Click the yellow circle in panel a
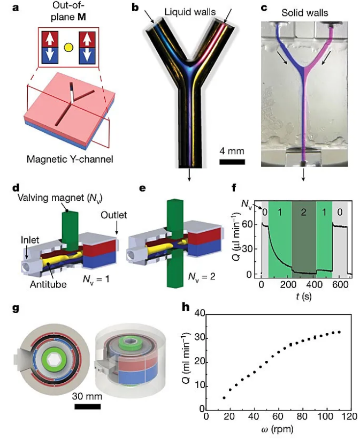pyautogui.click(x=68, y=47)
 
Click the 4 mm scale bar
pyautogui.click(x=232, y=161)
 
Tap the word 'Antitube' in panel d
pyautogui.click(x=49, y=284)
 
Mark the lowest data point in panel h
pyautogui.click(x=224, y=398)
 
